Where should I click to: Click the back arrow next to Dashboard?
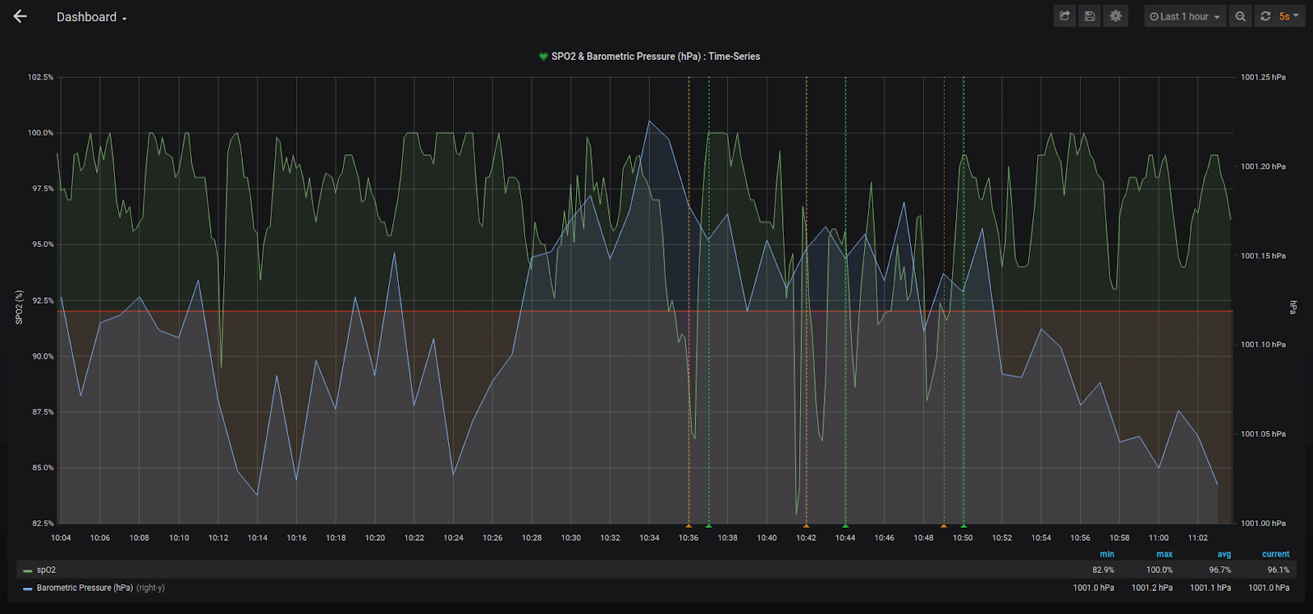(x=21, y=16)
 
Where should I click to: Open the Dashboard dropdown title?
(x=91, y=17)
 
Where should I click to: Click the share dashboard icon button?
(x=1064, y=16)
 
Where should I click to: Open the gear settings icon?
(x=1115, y=16)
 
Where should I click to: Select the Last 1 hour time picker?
(x=1184, y=16)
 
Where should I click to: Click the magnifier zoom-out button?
(x=1240, y=16)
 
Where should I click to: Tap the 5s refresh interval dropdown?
(x=1288, y=16)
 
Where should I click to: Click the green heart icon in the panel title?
(x=543, y=57)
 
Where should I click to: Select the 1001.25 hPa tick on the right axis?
(x=1262, y=77)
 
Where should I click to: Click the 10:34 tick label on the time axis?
(x=649, y=538)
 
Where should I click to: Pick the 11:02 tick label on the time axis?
(x=1197, y=538)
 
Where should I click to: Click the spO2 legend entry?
(x=46, y=570)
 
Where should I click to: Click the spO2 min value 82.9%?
(x=1103, y=570)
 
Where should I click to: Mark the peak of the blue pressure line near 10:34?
(x=649, y=121)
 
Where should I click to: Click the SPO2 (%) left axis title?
(x=19, y=307)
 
